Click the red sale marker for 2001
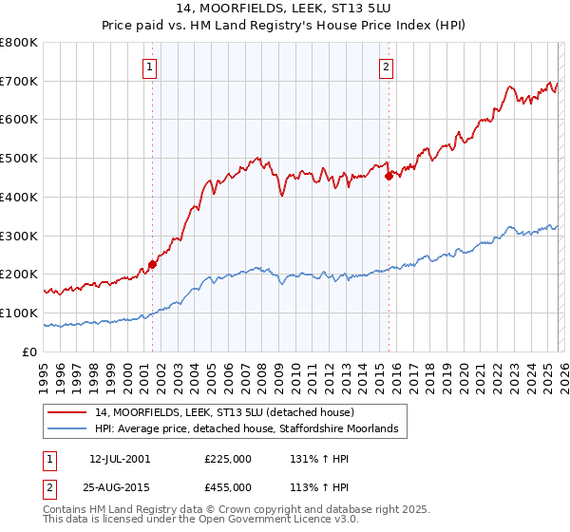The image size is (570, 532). pyautogui.click(x=153, y=265)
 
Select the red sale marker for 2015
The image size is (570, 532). pyautogui.click(x=389, y=175)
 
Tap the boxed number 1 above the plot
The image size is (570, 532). pyautogui.click(x=151, y=66)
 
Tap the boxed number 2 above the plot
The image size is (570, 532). pyautogui.click(x=387, y=66)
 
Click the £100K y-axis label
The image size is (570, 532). pyautogui.click(x=19, y=313)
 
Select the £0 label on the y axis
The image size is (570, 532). pyautogui.click(x=28, y=351)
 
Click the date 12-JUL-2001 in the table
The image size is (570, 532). pyautogui.click(x=120, y=458)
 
